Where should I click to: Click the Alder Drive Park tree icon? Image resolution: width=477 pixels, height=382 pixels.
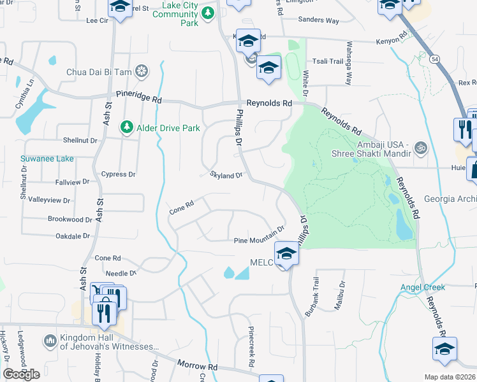tap(127, 128)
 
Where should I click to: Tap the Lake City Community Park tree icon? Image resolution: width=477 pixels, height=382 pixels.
tap(207, 12)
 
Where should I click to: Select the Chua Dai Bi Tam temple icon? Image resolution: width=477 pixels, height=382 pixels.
tap(143, 72)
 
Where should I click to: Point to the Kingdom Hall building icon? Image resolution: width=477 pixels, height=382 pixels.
tap(50, 342)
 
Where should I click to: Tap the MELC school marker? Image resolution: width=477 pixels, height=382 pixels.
tap(286, 255)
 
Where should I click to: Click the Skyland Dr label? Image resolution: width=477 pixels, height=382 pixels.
tap(227, 175)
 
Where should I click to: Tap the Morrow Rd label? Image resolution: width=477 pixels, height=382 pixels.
tap(198, 367)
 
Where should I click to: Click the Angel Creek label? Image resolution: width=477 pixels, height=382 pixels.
tap(422, 287)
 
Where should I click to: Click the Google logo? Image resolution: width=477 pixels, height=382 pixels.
tap(21, 374)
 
